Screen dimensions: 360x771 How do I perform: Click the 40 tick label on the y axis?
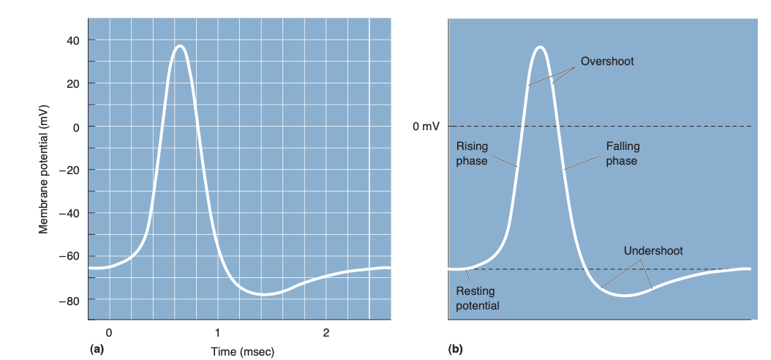(x=73, y=40)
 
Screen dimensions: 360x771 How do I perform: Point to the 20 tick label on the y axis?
(x=73, y=83)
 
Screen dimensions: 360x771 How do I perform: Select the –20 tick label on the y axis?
(x=70, y=170)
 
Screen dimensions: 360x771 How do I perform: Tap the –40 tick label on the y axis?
(x=70, y=213)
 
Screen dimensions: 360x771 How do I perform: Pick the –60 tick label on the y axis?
(x=70, y=256)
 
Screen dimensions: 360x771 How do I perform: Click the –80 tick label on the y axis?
(x=70, y=300)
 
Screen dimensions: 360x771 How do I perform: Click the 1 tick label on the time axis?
(x=217, y=333)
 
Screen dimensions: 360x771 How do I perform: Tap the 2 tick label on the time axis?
(x=326, y=333)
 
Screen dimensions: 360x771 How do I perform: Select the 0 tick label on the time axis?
(x=109, y=333)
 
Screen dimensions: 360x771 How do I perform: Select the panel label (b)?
(x=455, y=350)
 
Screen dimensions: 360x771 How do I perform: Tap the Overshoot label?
(x=607, y=61)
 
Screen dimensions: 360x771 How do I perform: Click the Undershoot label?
(x=652, y=251)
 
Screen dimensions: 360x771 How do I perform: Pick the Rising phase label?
(x=472, y=154)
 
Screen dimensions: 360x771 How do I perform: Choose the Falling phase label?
(x=622, y=154)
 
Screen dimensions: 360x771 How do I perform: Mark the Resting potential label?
(x=477, y=299)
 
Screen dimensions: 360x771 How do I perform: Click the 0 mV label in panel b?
(x=426, y=127)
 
